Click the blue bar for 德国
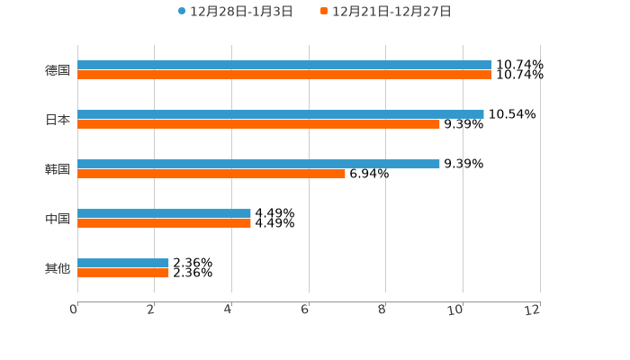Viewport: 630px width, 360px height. point(284,65)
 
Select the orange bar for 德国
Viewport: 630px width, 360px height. point(284,75)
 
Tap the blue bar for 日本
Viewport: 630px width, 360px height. point(281,114)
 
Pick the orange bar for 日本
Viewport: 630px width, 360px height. point(258,124)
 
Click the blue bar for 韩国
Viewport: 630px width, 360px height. point(258,164)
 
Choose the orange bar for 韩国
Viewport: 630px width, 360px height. point(211,174)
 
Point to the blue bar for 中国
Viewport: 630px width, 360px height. point(164,213)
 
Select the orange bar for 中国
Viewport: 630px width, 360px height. point(164,223)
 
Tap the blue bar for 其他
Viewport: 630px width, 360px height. point(123,263)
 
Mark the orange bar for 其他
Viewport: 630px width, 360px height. point(123,273)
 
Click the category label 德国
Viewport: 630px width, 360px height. point(58,70)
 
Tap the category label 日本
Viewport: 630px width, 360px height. point(58,120)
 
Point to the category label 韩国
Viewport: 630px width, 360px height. point(58,169)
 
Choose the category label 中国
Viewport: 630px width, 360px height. point(58,219)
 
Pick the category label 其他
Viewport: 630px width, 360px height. point(58,268)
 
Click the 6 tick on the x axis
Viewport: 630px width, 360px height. point(305,310)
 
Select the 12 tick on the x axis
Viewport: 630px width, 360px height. point(533,310)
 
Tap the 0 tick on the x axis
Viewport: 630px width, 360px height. point(74,310)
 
